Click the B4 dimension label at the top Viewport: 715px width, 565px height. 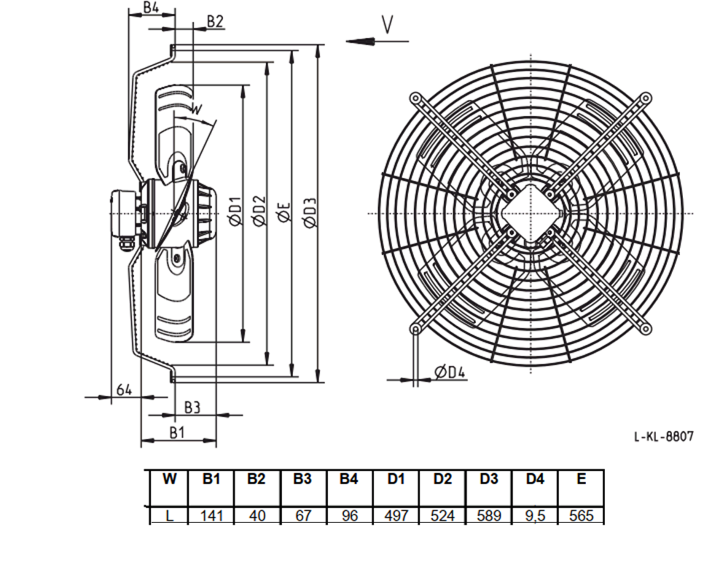151,7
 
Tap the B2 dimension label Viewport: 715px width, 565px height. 215,21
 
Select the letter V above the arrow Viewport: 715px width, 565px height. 387,25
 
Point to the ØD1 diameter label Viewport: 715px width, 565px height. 235,211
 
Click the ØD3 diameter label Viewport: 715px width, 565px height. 310,213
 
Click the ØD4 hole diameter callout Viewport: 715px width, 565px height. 450,372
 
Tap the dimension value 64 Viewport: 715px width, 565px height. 124,390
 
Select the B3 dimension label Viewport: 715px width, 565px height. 192,408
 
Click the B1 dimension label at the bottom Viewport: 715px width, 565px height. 177,432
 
